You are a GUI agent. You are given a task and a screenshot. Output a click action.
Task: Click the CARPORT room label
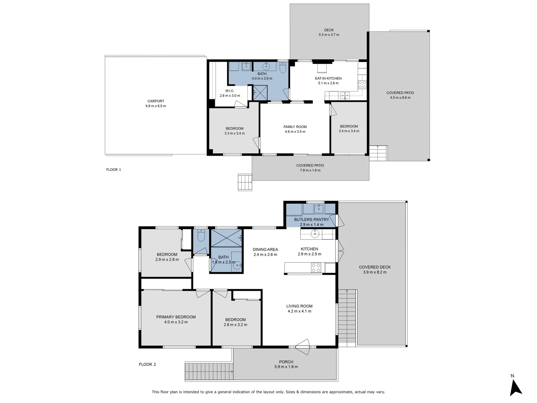pyautogui.click(x=156, y=101)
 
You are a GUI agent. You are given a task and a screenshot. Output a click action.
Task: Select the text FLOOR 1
pyautogui.click(x=113, y=170)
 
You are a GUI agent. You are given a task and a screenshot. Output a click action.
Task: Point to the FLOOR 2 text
pyautogui.click(x=147, y=365)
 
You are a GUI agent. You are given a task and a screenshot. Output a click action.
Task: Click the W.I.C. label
pyautogui.click(x=230, y=91)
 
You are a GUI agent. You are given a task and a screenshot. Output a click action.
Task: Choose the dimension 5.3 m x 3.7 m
pyautogui.click(x=329, y=35)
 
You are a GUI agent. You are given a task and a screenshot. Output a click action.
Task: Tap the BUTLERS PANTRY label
pyautogui.click(x=311, y=220)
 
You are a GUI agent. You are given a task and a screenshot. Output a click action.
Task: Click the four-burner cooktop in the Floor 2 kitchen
pyautogui.click(x=316, y=268)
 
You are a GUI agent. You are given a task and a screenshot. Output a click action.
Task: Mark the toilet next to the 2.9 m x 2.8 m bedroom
pyautogui.click(x=201, y=236)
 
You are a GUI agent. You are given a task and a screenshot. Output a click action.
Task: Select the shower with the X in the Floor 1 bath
pyautogui.click(x=260, y=93)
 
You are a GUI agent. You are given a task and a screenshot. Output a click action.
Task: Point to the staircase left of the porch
pyautogui.click(x=209, y=372)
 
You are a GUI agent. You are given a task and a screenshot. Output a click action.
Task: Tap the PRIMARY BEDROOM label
pyautogui.click(x=176, y=317)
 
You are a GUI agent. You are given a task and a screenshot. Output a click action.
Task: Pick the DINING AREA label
pyautogui.click(x=265, y=250)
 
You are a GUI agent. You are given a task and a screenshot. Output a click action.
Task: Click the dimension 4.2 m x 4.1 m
pyautogui.click(x=299, y=311)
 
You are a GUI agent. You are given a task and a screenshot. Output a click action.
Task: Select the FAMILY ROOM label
pyautogui.click(x=295, y=127)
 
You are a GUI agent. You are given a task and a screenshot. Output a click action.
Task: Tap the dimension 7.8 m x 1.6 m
pyautogui.click(x=310, y=171)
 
